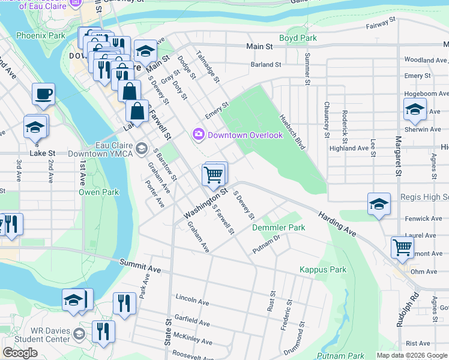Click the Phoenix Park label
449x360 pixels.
[x=40, y=35]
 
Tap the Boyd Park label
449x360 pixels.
[x=301, y=38]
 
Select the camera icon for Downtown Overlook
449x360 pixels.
[x=198, y=134]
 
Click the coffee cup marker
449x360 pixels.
[x=43, y=94]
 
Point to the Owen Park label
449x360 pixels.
[x=99, y=192]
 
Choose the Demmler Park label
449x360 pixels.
[x=279, y=227]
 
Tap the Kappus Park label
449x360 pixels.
[x=323, y=269]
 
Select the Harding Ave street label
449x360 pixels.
[x=337, y=221]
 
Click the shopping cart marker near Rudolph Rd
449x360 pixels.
[x=402, y=247]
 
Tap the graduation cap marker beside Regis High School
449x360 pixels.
[x=379, y=204]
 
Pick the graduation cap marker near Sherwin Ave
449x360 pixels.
[x=415, y=109]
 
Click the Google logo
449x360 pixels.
[x=20, y=353]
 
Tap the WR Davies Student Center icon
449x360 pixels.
[x=79, y=333]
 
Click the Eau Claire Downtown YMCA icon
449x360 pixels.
[x=142, y=148]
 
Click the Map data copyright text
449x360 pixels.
[x=411, y=355]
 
